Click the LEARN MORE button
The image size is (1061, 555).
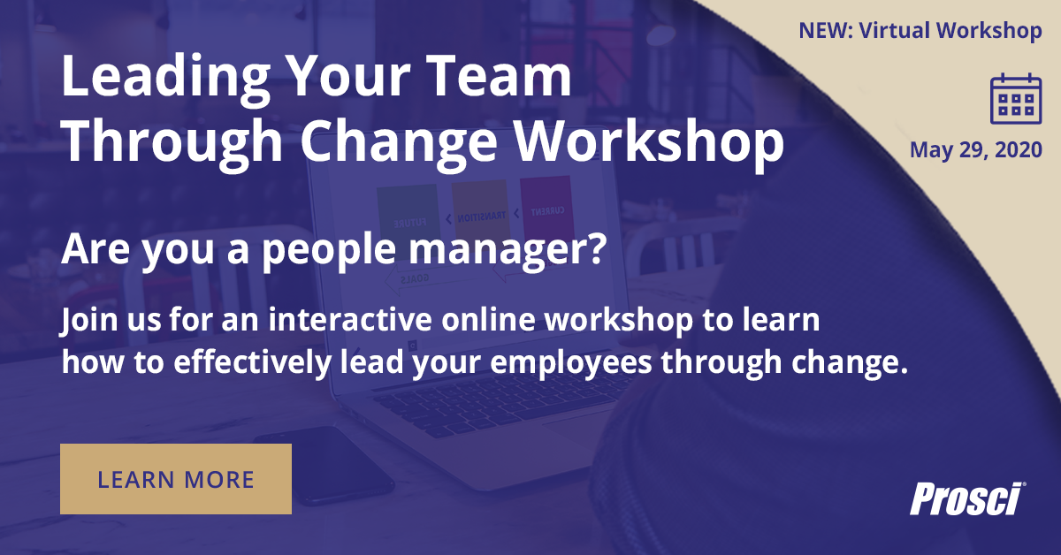click(x=176, y=479)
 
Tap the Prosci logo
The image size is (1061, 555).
click(x=967, y=498)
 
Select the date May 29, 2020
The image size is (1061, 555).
click(x=976, y=150)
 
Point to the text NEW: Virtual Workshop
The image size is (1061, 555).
click(x=920, y=31)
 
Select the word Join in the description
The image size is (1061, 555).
click(x=85, y=321)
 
